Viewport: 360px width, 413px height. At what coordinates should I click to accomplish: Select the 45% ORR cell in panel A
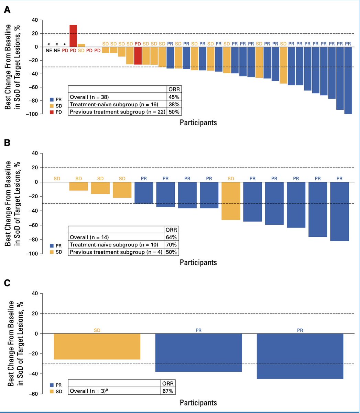[x=173, y=97]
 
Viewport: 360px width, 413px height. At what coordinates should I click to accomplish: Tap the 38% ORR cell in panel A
[x=173, y=104]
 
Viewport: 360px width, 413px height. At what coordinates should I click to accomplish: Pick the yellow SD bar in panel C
[x=97, y=346]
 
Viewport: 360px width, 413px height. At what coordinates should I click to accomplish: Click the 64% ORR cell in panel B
[x=171, y=237]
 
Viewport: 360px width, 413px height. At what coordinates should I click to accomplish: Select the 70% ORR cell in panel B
[x=171, y=245]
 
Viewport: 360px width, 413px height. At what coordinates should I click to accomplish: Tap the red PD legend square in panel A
[x=51, y=112]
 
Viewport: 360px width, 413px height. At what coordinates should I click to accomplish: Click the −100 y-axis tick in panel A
[x=31, y=114]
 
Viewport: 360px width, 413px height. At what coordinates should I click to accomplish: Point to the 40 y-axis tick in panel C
[x=34, y=294]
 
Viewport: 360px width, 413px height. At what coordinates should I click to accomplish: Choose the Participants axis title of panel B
[x=198, y=263]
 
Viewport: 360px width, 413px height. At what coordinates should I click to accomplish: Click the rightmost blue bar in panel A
[x=348, y=80]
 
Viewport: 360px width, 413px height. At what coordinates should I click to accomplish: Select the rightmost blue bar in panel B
[x=339, y=211]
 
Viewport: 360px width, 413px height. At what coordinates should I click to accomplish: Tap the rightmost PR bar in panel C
[x=300, y=356]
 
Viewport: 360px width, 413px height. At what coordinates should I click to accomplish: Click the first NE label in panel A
[x=48, y=50]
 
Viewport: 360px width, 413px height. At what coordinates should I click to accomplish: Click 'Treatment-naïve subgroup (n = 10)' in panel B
[x=114, y=245]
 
